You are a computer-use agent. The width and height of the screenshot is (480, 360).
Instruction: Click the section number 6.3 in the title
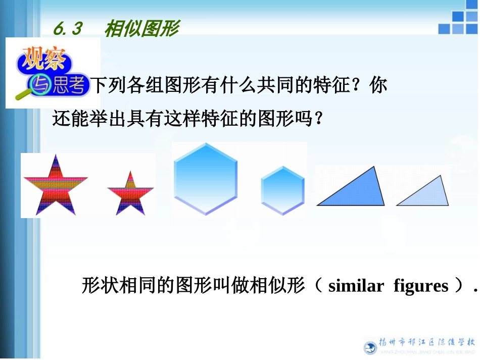click(x=67, y=29)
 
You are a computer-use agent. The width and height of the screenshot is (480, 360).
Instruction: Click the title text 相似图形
click(x=141, y=29)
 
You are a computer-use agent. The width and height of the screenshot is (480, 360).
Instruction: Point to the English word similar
click(x=356, y=286)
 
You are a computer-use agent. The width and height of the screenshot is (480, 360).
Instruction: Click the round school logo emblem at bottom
click(x=370, y=347)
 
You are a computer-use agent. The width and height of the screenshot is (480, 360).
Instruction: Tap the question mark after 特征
click(x=359, y=85)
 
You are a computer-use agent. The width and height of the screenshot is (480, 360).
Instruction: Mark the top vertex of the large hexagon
click(x=205, y=143)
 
